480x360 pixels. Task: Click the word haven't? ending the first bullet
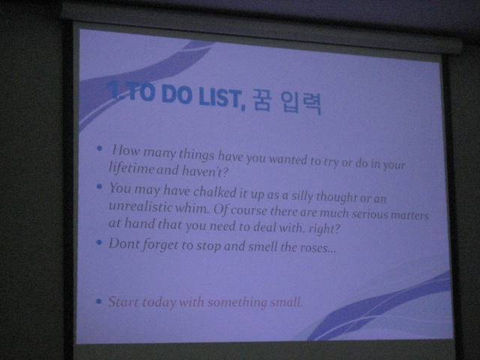(205, 171)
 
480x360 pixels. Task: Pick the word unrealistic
(141, 206)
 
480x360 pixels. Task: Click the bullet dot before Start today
(98, 301)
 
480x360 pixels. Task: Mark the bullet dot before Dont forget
(99, 243)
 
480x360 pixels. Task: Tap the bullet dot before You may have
(99, 187)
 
